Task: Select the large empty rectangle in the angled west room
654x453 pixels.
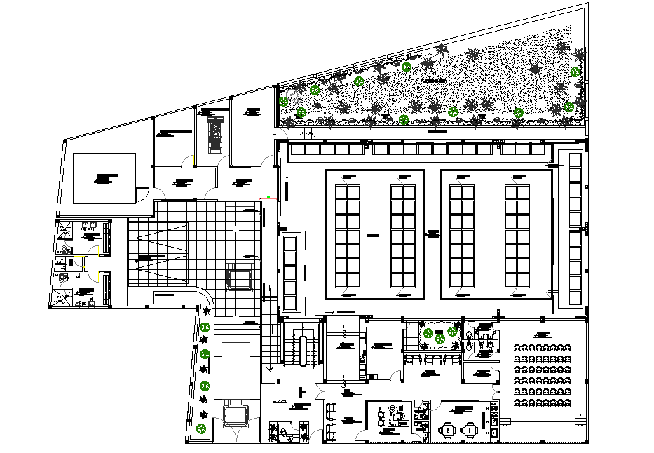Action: [x=104, y=178]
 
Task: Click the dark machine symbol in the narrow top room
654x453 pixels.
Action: [x=216, y=133]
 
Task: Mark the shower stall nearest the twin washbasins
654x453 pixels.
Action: [x=65, y=228]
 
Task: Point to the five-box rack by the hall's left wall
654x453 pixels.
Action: [x=290, y=273]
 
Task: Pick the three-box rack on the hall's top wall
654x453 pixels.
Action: [x=522, y=149]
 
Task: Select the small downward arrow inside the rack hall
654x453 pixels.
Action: [x=287, y=175]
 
